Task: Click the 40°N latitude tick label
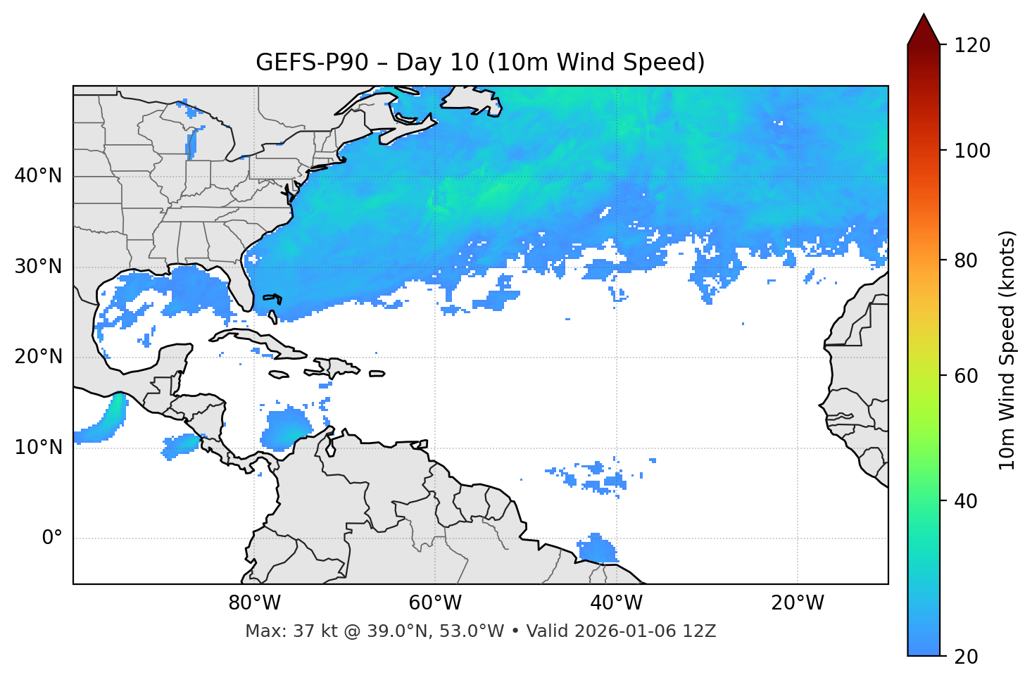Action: click(38, 176)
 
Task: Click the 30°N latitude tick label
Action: click(38, 267)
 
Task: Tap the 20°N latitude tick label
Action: click(38, 357)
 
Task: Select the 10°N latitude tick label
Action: click(38, 448)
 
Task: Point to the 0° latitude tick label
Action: click(52, 538)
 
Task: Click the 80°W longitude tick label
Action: click(254, 603)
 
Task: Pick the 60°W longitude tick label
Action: click(435, 603)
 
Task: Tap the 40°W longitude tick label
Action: click(616, 603)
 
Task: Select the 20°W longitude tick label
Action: click(797, 603)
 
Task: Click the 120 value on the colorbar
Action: click(972, 46)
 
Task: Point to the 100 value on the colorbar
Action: click(972, 151)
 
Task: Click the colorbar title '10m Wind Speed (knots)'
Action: click(1007, 350)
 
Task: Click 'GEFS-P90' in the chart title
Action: click(312, 63)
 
